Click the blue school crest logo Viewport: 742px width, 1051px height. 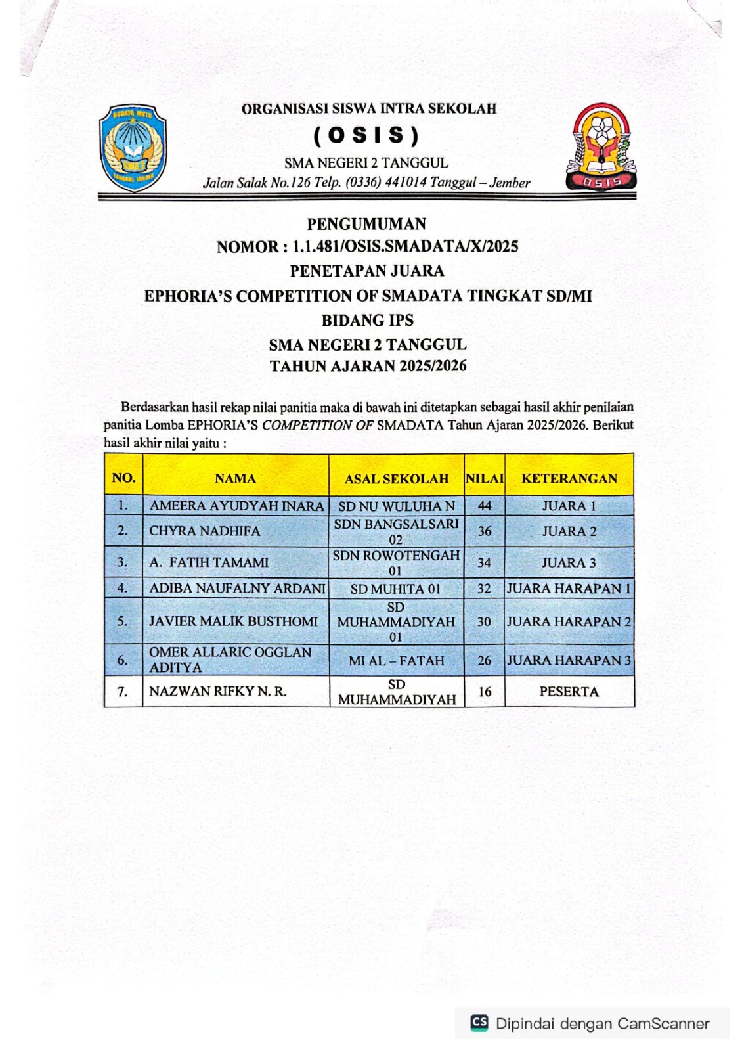(133, 148)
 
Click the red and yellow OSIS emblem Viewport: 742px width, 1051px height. (601, 147)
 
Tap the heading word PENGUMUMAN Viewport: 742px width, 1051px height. (366, 224)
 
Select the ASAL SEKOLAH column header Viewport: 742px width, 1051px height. (396, 479)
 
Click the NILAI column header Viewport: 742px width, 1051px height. (485, 479)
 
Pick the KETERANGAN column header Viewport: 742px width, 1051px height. (569, 479)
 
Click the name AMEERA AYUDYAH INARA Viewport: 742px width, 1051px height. (236, 506)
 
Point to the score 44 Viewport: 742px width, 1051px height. (485, 506)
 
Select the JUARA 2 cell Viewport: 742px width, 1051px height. (569, 531)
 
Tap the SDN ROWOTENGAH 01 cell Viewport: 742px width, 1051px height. (396, 563)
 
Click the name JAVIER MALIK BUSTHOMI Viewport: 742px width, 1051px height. (233, 621)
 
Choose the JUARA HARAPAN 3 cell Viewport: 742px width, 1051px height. (569, 661)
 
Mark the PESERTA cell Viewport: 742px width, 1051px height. (569, 692)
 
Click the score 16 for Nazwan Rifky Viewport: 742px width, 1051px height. (485, 692)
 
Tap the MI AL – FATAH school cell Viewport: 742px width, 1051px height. (396, 661)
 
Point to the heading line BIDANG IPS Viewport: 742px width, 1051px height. (367, 321)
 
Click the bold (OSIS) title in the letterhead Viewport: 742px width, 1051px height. (366, 135)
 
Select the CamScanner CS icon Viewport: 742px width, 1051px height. (479, 1022)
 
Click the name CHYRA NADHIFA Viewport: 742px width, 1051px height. (205, 531)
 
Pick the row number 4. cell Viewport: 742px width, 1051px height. (123, 588)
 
